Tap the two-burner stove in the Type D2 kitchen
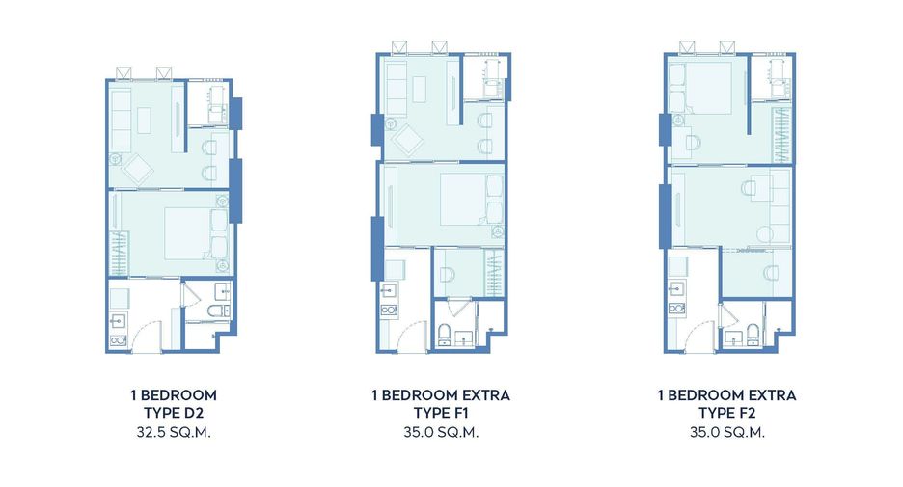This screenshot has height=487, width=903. (x=118, y=340)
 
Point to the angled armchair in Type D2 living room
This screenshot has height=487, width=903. (x=136, y=169)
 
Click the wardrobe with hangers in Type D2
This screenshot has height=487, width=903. (x=118, y=253)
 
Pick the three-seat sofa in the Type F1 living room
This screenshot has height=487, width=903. (x=397, y=91)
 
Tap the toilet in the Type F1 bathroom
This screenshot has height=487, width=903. (x=444, y=335)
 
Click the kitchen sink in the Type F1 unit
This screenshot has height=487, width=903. (x=389, y=289)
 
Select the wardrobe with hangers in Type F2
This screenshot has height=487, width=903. (x=781, y=135)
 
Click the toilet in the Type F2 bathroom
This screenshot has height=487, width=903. (x=752, y=334)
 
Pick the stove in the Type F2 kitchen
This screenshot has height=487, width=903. (x=676, y=309)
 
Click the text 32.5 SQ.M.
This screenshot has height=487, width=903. (x=174, y=432)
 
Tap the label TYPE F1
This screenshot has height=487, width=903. (x=441, y=413)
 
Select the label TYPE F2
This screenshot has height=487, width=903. (x=726, y=413)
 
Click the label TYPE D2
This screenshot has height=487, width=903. (x=174, y=413)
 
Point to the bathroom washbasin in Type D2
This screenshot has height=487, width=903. (x=222, y=290)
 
